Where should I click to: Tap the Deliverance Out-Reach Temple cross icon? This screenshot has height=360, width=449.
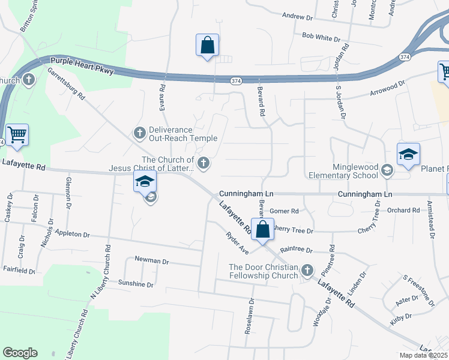coord(140,133)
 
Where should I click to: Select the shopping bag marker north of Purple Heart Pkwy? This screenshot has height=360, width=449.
coord(207,45)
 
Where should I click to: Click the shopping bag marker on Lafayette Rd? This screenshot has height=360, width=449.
coord(262,229)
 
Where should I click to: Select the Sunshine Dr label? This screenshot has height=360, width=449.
coord(136,284)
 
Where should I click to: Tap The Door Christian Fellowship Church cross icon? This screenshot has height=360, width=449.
coord(307,271)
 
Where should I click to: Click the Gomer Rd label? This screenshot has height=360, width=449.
coord(284,211)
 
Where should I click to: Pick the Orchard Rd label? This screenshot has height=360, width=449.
coord(403,210)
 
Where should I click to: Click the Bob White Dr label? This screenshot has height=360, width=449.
coord(321,37)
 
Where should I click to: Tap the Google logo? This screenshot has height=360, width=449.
coord(20,353)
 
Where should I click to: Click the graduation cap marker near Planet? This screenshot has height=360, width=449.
coord(408,155)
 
